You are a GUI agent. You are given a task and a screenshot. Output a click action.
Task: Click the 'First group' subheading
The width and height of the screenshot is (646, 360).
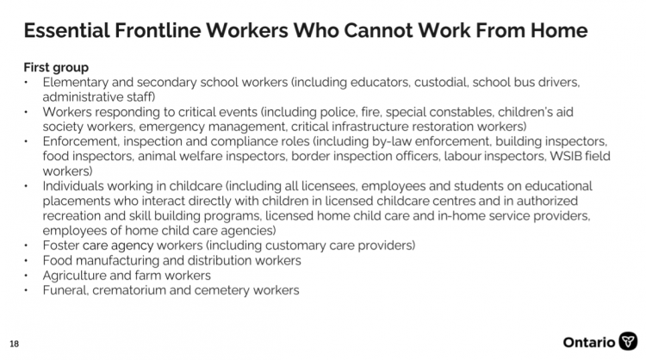(56, 67)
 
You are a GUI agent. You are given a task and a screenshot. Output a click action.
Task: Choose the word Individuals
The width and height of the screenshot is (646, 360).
(73, 186)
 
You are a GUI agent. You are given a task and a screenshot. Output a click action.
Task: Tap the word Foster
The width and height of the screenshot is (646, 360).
(59, 245)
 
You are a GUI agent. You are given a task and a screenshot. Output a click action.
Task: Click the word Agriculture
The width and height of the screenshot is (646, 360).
(75, 275)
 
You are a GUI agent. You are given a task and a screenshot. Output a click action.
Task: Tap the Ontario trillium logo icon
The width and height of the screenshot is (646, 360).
(630, 339)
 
